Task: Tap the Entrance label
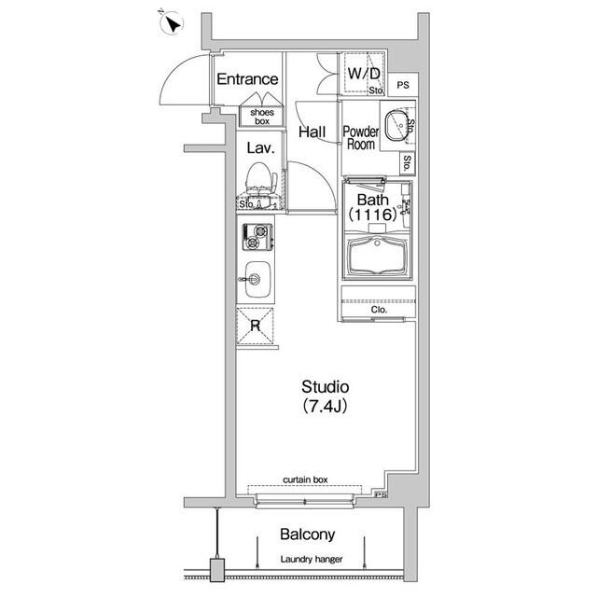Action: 247,79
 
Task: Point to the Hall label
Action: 312,132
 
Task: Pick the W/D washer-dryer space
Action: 364,73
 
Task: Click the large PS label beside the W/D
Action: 403,85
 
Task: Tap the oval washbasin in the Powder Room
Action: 396,126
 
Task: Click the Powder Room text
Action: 361,138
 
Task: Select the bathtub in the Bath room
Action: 378,257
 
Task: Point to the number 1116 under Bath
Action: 373,215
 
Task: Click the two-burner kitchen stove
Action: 258,237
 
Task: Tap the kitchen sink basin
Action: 257,280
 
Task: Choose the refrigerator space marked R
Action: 255,326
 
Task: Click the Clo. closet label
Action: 379,310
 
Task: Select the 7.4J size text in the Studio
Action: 325,407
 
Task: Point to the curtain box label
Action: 305,479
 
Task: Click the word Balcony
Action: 308,535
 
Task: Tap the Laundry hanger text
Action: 312,560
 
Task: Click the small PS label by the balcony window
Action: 382,494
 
